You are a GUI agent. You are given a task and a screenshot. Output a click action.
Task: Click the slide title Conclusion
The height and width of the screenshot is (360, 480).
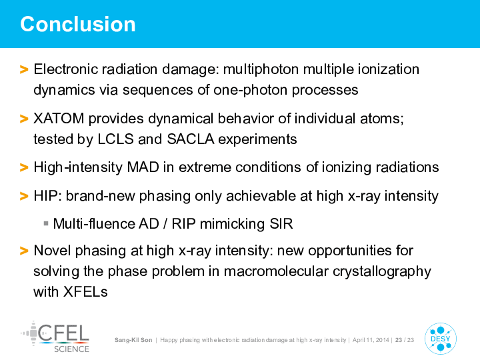coord(78,24)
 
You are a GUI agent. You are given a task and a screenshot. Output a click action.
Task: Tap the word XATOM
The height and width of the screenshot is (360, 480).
coord(59,119)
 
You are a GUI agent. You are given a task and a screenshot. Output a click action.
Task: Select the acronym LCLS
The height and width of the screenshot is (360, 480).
coord(116,139)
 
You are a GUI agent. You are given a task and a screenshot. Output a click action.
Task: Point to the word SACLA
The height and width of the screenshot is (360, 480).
coord(191,139)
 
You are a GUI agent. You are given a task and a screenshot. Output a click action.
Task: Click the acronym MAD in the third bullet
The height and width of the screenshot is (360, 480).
coord(143,167)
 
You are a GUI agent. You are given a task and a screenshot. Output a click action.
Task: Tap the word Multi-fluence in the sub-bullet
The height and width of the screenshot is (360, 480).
coord(94,224)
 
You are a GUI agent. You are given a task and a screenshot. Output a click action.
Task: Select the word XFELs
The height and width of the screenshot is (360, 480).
coord(85,291)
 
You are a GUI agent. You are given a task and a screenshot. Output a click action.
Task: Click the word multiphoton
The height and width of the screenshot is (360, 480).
coord(261,69)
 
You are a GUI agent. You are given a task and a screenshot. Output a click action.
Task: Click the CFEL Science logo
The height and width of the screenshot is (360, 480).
coord(55,337)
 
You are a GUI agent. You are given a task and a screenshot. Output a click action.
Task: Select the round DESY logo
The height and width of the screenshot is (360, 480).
coord(440,339)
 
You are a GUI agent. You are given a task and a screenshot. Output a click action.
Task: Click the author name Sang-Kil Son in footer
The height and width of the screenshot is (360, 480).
coord(133,340)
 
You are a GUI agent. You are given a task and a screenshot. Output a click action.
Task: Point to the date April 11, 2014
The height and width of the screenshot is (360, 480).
coord(371,340)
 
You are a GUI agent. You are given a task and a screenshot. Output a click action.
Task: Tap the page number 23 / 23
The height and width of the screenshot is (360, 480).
coord(405,340)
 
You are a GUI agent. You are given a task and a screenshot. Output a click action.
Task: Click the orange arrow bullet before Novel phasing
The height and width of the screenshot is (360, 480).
coord(24,251)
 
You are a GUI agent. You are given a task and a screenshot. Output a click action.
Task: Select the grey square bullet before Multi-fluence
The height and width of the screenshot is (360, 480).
coord(46,223)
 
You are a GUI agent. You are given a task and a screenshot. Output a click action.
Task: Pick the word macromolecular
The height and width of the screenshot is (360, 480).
coord(276,271)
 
